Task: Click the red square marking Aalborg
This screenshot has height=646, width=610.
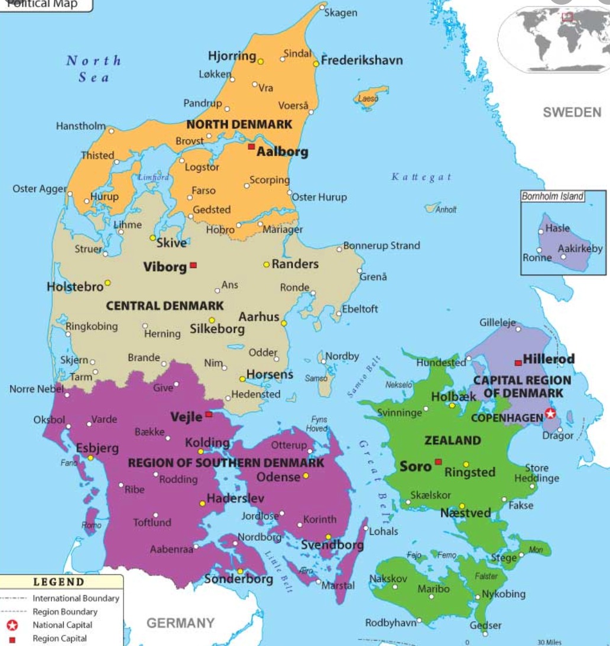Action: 251,146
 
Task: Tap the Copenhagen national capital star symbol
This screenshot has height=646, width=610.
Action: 550,414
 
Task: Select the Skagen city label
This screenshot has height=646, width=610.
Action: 340,13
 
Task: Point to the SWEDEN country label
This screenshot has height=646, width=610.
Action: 572,112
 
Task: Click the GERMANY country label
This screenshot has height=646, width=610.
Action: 180,623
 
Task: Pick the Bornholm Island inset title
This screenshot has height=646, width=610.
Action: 552,196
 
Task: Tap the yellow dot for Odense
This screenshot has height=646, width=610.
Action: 306,476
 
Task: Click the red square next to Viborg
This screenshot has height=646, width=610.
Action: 193,266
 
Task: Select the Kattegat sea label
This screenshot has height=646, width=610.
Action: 421,177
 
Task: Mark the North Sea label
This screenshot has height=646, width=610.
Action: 94,68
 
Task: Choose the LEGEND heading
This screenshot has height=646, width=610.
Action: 59,583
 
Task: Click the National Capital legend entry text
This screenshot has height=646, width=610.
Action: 62,625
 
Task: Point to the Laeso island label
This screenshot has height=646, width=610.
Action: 368,99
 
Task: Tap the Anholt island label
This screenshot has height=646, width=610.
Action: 446,209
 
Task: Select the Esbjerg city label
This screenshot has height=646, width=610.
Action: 98,448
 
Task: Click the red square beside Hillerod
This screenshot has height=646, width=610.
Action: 518,362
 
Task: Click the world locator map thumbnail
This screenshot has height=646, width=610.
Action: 553,38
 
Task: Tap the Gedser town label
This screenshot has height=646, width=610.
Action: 485,625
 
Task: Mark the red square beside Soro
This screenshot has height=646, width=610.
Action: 438,461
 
